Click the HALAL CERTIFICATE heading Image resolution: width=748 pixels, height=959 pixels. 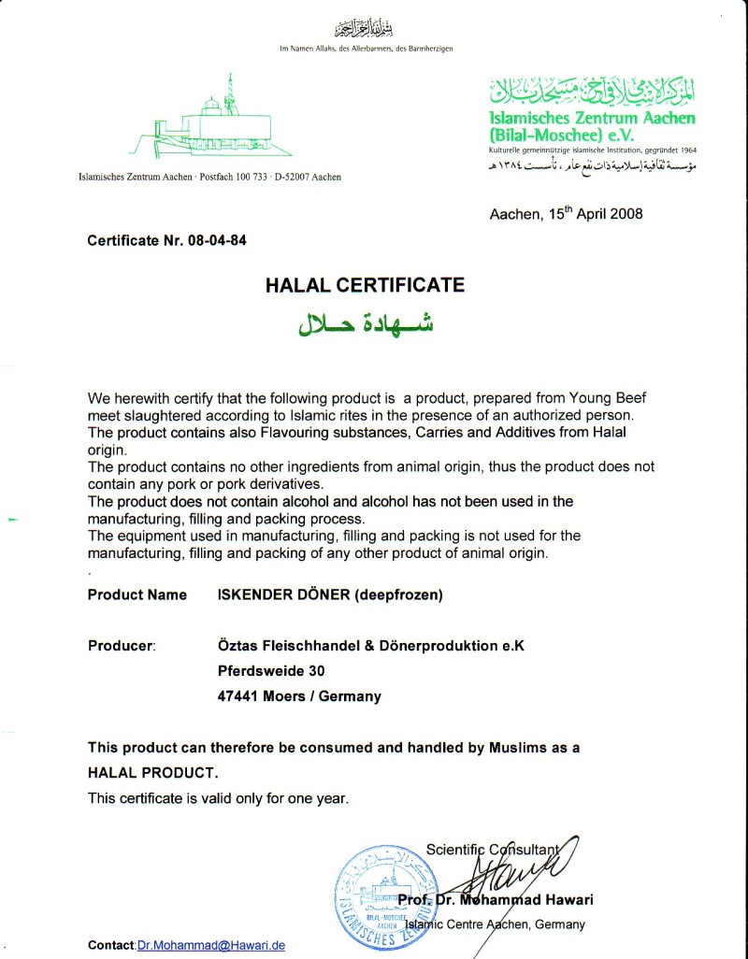[x=365, y=285]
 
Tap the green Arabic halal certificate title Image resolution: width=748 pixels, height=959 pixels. [x=366, y=322]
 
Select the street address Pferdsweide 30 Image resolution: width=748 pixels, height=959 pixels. [x=272, y=670]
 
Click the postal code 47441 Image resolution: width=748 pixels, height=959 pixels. [x=239, y=696]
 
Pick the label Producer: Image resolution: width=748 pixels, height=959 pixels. [x=122, y=645]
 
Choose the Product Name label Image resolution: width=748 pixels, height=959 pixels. [x=137, y=594]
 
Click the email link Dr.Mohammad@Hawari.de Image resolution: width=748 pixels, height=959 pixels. [x=210, y=946]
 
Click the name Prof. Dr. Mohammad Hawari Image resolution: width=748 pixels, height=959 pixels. [x=495, y=900]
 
